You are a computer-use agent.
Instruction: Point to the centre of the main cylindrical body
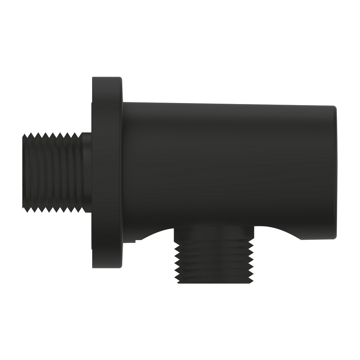229,169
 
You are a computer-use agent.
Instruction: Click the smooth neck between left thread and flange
87,172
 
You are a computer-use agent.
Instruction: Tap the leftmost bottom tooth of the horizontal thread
27,210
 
